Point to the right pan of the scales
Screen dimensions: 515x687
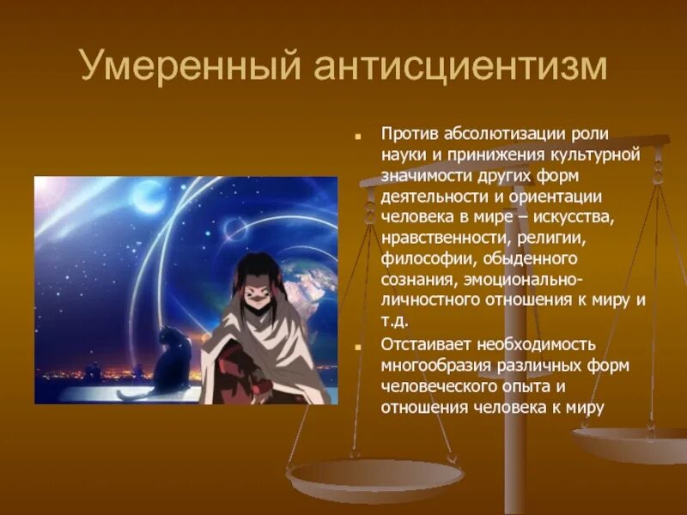(x=631, y=442)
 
